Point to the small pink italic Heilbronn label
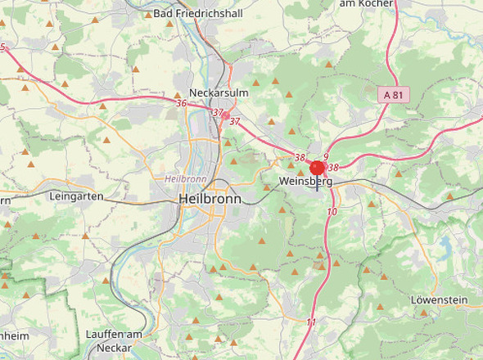pos(185,178)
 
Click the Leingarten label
pos(76,197)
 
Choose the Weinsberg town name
pos(305,182)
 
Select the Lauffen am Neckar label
pos(115,341)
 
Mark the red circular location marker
pos(318,169)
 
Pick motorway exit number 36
pos(181,103)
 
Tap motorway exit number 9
pos(325,157)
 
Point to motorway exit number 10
pos(332,212)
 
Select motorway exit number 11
pos(311,323)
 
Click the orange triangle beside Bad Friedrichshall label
pos(147,15)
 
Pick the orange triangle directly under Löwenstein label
pos(424,313)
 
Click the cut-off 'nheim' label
pos(15,336)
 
